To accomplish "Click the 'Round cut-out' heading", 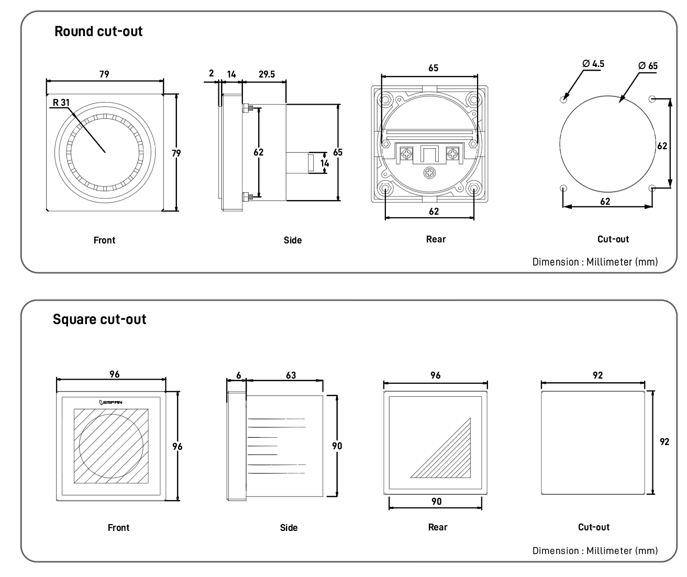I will tap(98, 31).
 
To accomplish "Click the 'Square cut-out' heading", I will tap(99, 319).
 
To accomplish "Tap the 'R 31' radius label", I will tap(61, 102).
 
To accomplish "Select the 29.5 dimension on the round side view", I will tap(267, 74).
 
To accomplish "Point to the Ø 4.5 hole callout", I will tap(593, 63).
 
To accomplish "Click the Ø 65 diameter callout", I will tap(648, 66).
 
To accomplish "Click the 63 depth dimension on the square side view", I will tap(291, 375).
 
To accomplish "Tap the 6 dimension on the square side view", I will tap(239, 375).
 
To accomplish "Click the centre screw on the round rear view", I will tap(430, 172).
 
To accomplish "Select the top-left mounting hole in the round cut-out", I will tap(563, 99).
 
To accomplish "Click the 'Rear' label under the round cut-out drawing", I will tap(436, 239).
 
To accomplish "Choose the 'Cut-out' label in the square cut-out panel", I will tap(594, 527).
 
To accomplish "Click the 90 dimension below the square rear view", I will tap(436, 502).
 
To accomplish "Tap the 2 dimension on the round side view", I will tap(212, 73).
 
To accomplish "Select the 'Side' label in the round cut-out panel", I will tap(293, 240).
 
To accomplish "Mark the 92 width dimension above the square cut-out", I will tap(597, 375).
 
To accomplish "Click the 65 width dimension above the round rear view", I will tap(433, 68).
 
